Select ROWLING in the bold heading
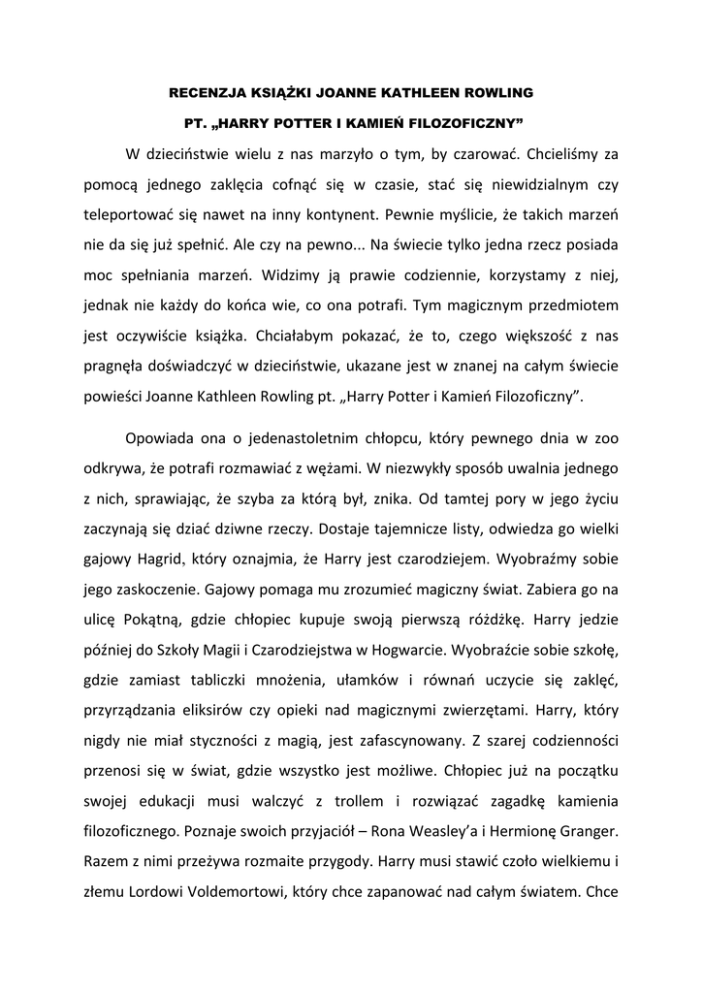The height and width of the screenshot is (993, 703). [x=495, y=93]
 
